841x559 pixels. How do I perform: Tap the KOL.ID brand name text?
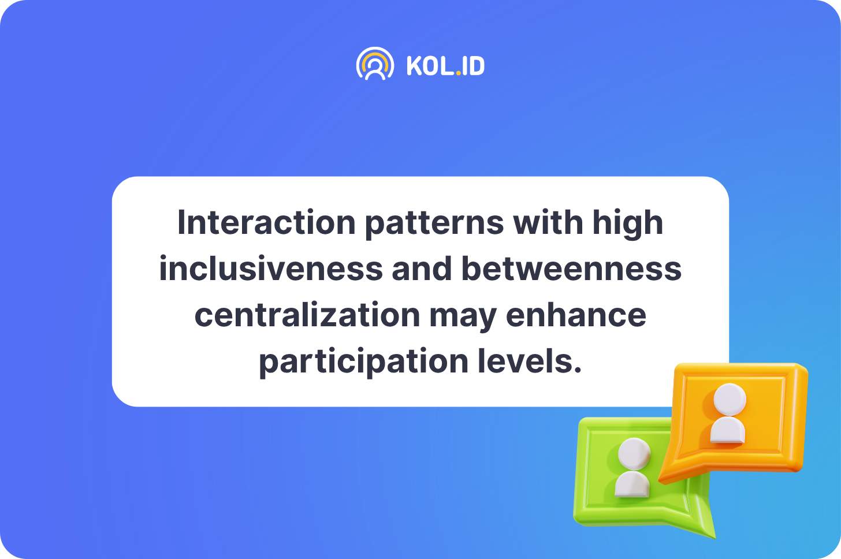(x=446, y=66)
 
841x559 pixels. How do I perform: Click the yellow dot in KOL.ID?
(x=459, y=73)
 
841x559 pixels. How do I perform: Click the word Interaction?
(x=266, y=223)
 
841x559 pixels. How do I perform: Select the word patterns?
(x=434, y=225)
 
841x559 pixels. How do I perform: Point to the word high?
(x=628, y=224)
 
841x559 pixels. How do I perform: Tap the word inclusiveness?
(x=271, y=269)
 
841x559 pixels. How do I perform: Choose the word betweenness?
(x=571, y=269)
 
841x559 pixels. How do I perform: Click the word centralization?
(x=307, y=315)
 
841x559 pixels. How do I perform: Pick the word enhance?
(x=576, y=315)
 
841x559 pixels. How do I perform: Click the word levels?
(x=529, y=361)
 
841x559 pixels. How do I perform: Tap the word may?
(x=463, y=318)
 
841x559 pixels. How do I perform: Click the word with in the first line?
(x=548, y=223)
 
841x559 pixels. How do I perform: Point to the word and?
(x=422, y=269)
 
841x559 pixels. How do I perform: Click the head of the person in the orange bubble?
(x=730, y=400)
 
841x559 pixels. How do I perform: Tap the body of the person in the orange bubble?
(x=728, y=431)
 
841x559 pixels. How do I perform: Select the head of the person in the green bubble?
(x=634, y=454)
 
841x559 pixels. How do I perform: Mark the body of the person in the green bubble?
(x=632, y=485)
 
